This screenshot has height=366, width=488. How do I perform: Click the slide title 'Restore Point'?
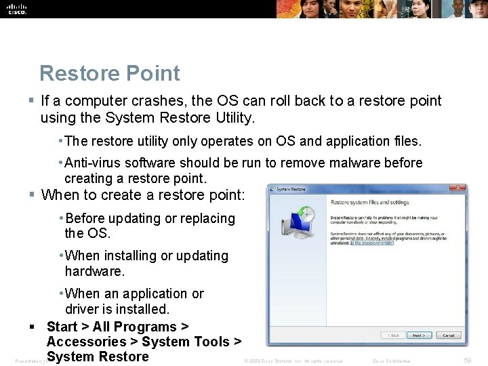[x=110, y=73]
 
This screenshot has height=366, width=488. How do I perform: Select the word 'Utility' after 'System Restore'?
[x=232, y=118]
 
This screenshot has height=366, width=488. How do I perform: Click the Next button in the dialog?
[x=419, y=335]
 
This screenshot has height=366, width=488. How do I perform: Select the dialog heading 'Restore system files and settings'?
[x=369, y=202]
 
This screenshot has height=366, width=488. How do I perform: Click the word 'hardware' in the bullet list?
[x=94, y=271]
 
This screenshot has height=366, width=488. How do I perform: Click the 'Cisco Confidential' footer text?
[x=392, y=361]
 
